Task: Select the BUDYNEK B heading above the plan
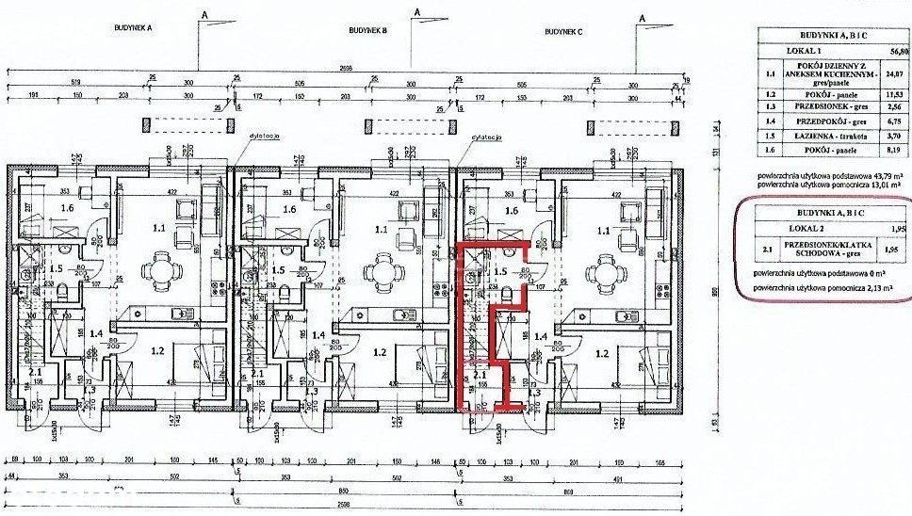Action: click(x=367, y=30)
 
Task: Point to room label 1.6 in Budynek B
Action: click(x=266, y=210)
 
